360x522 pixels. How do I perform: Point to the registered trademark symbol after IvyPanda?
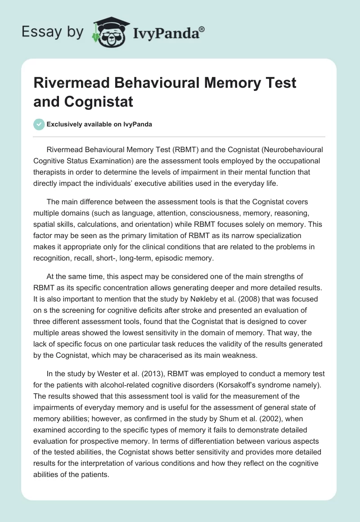click(x=202, y=28)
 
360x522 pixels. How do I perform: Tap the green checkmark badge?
click(x=38, y=124)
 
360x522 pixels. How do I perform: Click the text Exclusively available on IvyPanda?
click(x=99, y=125)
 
